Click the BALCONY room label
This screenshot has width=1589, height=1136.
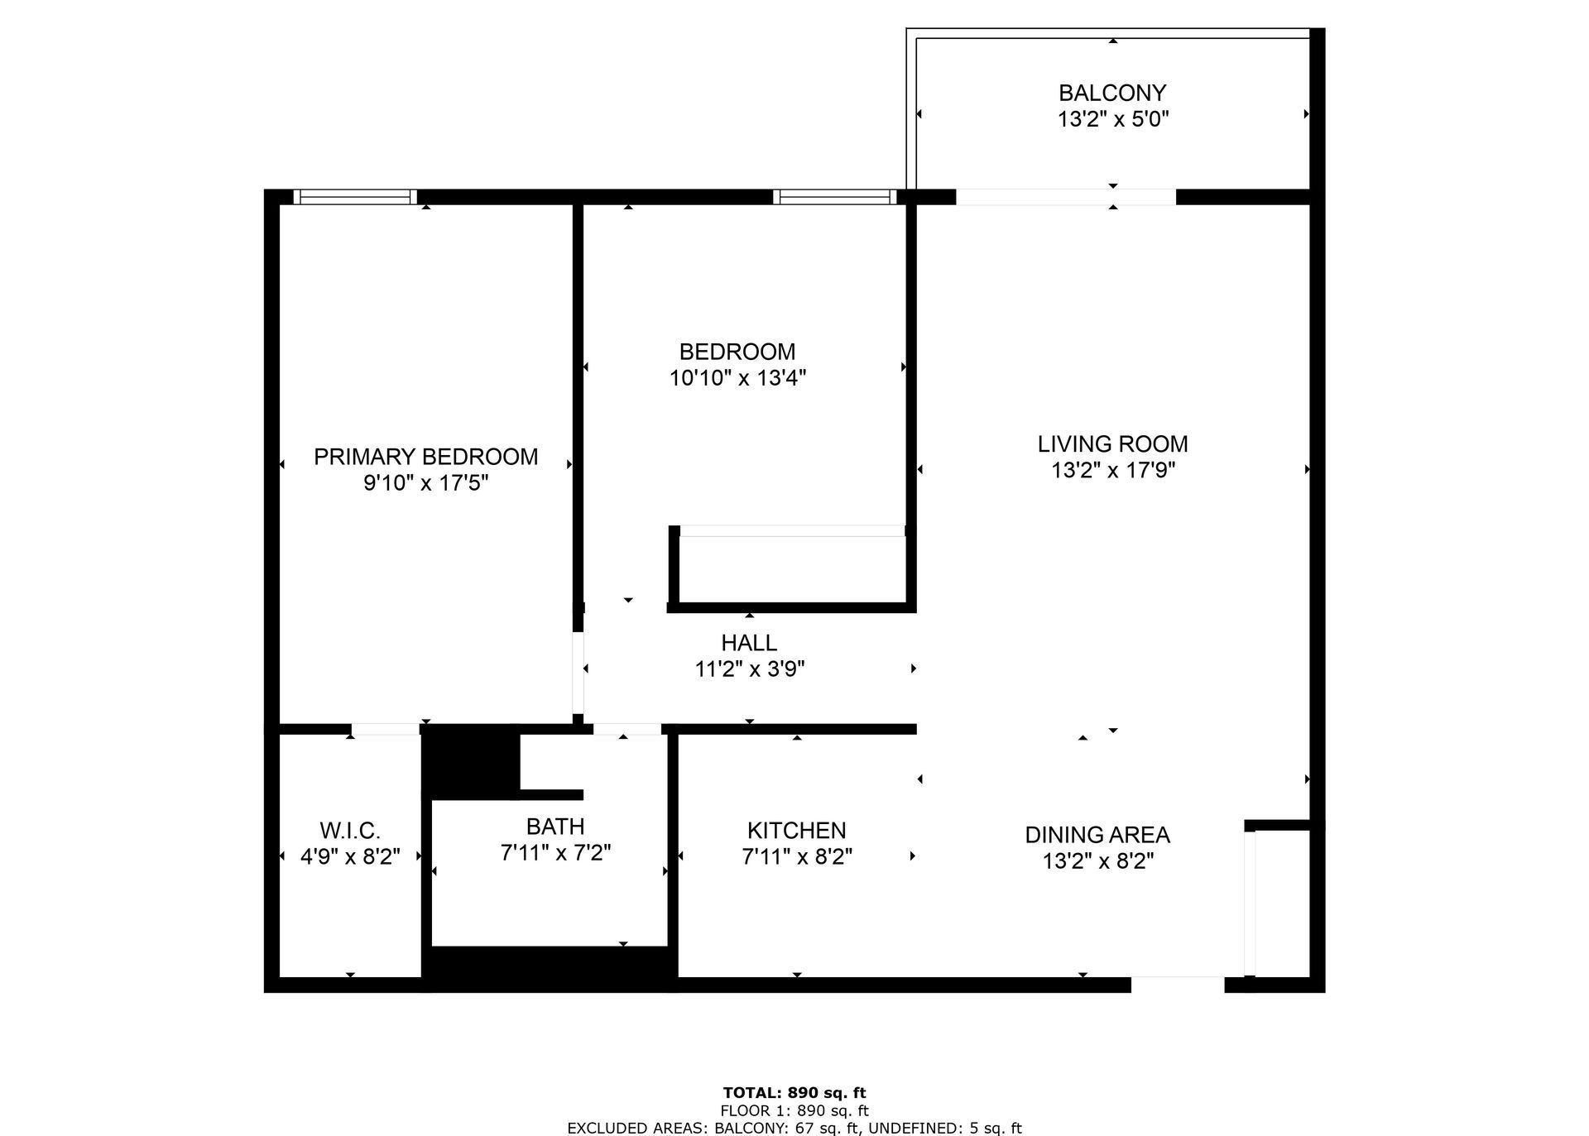[x=1112, y=93]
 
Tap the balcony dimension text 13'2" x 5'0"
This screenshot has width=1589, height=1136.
[x=1112, y=119]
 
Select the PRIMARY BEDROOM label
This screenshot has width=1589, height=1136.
[x=425, y=457]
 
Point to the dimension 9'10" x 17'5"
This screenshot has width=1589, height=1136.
[x=425, y=483]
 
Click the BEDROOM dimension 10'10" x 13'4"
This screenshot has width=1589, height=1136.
[x=737, y=378]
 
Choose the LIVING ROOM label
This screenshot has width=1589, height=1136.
[x=1112, y=443]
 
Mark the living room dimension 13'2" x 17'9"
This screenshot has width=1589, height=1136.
[x=1112, y=470]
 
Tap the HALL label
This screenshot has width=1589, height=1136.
[x=749, y=643]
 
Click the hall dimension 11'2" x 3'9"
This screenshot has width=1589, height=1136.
[x=749, y=669]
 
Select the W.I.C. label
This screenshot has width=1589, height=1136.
[x=350, y=830]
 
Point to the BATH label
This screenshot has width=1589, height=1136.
[x=555, y=826]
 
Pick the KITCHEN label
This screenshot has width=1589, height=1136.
[x=796, y=830]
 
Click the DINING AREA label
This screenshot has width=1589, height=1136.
[x=1097, y=835]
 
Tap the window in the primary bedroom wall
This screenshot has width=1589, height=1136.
[x=355, y=197]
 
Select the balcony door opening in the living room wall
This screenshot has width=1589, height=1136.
[x=1065, y=197]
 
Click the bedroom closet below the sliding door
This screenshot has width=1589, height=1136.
[x=792, y=569]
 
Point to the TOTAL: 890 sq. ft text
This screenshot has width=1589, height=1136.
[x=794, y=1093]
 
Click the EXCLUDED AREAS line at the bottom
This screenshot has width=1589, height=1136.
[x=794, y=1128]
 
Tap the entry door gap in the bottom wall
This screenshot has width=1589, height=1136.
[x=1177, y=985]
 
